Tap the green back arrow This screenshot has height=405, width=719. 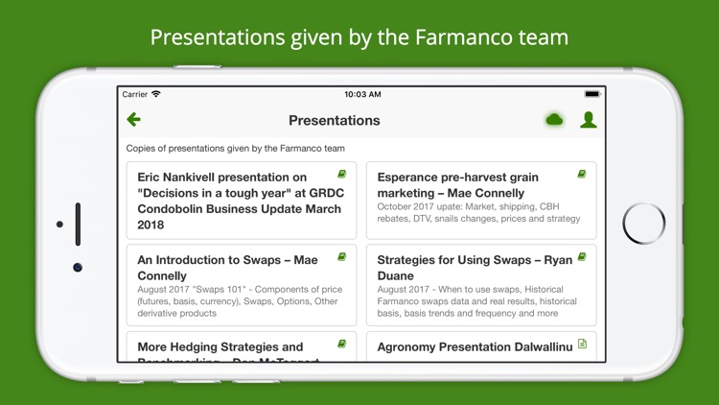[133, 120]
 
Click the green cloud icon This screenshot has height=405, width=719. [554, 120]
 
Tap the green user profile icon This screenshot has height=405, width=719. [589, 120]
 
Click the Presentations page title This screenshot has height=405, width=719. [334, 121]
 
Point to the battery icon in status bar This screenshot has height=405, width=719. [591, 94]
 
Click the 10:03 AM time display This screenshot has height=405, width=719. [362, 94]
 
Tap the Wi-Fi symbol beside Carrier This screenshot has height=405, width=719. [156, 94]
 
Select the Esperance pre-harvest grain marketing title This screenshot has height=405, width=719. [457, 185]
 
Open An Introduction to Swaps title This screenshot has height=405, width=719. [227, 268]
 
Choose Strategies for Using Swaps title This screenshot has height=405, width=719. [474, 268]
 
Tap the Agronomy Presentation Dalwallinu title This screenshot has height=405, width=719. [475, 347]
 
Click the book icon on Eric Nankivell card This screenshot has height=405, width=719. [341, 175]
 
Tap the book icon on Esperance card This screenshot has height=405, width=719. [581, 175]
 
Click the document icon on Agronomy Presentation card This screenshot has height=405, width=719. [582, 344]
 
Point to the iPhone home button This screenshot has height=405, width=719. [643, 224]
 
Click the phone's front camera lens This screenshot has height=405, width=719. [78, 267]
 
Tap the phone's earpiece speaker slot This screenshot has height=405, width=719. [78, 224]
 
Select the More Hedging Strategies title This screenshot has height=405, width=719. [220, 347]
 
